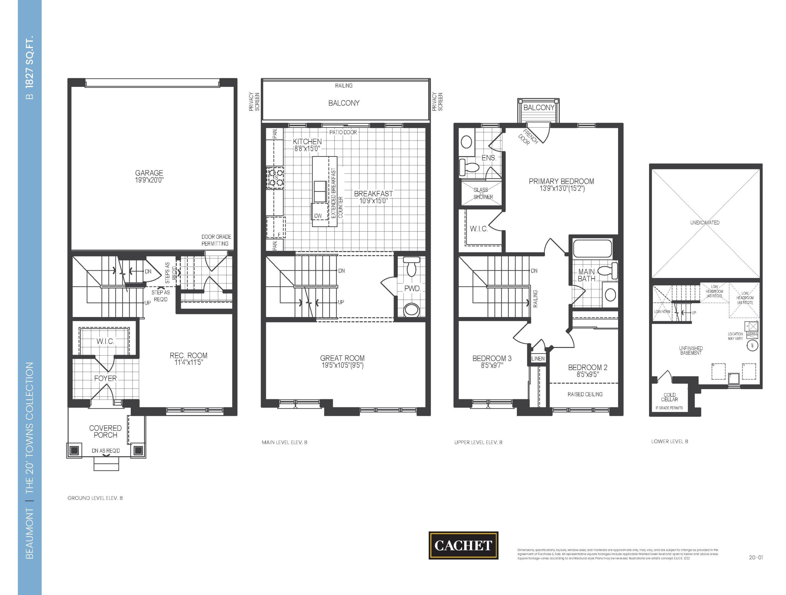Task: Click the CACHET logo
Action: coord(463,545)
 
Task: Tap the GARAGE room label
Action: coord(149,173)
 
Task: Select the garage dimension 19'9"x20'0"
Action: coord(149,180)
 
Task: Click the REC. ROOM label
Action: coord(188,356)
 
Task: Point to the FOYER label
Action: coord(105,378)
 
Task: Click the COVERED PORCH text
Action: coord(105,431)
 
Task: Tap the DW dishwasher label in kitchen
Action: coord(318,216)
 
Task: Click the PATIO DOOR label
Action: coord(343,132)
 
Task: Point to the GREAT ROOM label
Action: coord(342,358)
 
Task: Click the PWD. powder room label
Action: coord(412,288)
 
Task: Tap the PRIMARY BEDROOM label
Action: coord(562,182)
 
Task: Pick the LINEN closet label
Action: coord(538,358)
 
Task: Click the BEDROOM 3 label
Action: coord(492,358)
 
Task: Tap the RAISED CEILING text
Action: coord(585,394)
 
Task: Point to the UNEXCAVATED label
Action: coord(705,223)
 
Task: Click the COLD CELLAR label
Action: coord(669,397)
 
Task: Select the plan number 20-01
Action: coord(755,558)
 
